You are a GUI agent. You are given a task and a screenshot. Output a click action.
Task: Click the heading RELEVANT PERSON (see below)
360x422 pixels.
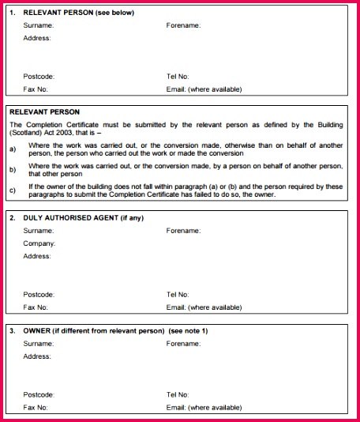click(x=78, y=13)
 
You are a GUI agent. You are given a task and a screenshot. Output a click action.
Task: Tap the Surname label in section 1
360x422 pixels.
click(x=38, y=25)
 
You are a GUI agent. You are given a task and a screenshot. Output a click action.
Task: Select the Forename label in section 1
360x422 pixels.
click(x=183, y=25)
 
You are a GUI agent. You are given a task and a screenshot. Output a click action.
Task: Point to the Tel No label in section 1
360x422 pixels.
click(x=178, y=77)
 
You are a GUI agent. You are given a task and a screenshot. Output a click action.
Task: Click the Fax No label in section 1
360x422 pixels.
click(x=36, y=89)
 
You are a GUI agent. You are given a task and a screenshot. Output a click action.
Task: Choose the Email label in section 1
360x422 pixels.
click(x=204, y=89)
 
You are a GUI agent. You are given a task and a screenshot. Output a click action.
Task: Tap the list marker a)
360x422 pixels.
click(x=13, y=149)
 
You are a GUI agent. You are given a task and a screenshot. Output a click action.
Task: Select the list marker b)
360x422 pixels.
click(x=13, y=169)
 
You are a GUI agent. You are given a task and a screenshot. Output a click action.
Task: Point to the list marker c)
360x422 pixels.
click(x=13, y=190)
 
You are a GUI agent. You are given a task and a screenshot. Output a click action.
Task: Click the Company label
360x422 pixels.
click(x=39, y=243)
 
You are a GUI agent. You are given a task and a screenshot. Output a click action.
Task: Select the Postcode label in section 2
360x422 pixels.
click(x=39, y=294)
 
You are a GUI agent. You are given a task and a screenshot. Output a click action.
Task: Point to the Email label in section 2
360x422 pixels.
click(x=204, y=307)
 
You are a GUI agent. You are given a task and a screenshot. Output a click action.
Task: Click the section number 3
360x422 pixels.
click(x=13, y=330)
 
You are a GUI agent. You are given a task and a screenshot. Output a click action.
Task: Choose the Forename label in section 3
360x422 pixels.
click(x=183, y=344)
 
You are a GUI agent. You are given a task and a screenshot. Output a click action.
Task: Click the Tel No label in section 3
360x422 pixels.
click(x=178, y=394)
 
